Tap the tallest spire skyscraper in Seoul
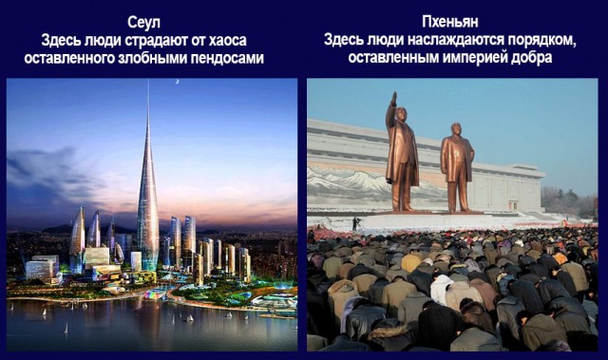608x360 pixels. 147,199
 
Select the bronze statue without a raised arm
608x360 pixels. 457,166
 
